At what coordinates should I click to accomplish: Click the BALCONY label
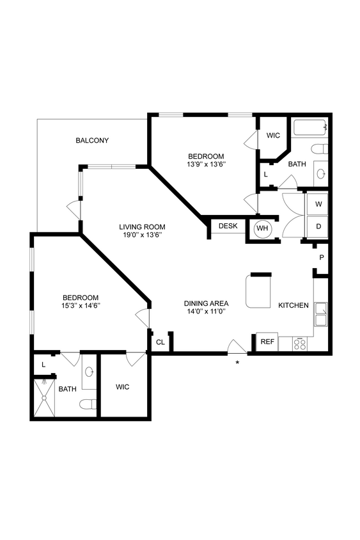coord(91,140)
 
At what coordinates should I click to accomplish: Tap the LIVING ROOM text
coord(143,226)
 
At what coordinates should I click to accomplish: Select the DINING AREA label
coord(206,303)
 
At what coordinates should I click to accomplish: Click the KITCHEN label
coord(293,305)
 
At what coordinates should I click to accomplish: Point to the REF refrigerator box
coord(267,342)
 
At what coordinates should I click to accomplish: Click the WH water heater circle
coord(262,228)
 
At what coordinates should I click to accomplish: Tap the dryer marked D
coord(317,226)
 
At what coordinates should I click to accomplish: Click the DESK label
coord(228,226)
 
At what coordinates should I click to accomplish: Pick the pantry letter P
coord(322,257)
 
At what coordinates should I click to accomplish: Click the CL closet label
coord(160,342)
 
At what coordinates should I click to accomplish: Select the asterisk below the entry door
coord(238,363)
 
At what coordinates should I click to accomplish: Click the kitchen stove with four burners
coord(300,344)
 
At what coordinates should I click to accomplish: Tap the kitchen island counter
coord(259,292)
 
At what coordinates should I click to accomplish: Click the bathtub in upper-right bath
coord(309,128)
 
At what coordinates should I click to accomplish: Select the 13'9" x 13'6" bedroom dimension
coord(206,164)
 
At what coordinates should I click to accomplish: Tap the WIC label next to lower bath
coord(123,387)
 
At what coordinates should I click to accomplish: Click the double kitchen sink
coord(321,314)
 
